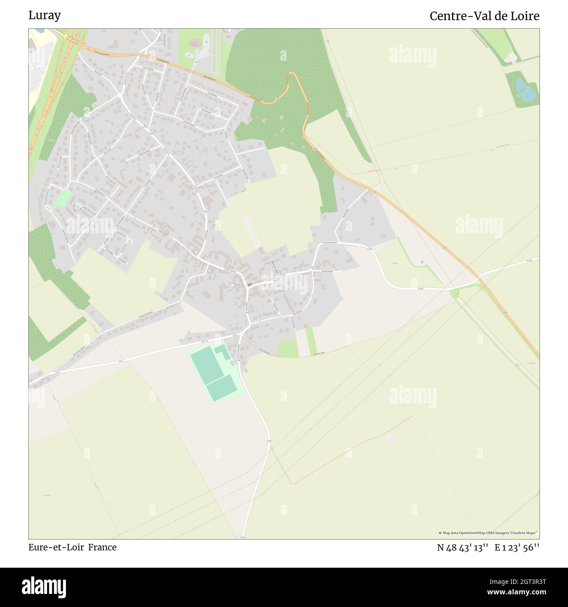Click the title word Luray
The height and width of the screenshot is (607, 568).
click(x=45, y=15)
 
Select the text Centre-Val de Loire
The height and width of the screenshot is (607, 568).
click(x=484, y=16)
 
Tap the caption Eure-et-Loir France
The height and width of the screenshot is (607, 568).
click(x=73, y=547)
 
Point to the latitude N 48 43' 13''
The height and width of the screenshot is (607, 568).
click(x=462, y=548)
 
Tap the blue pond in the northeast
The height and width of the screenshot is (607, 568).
click(x=523, y=89)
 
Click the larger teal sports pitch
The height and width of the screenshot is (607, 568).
click(x=206, y=365)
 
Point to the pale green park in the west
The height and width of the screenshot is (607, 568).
click(x=62, y=198)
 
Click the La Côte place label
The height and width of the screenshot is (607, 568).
click(x=395, y=263)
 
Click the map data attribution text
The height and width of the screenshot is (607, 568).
click(x=488, y=533)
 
